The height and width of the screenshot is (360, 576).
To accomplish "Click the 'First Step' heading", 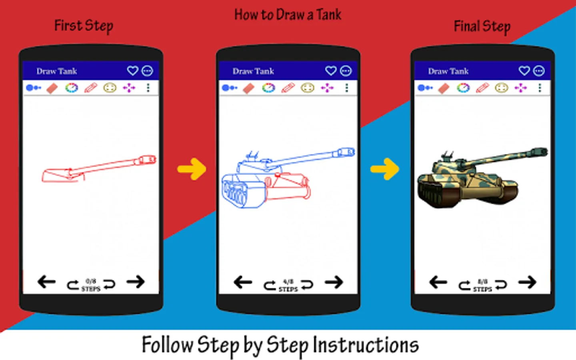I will tap(84, 26).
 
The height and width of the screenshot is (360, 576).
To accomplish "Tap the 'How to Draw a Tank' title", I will tap(288, 15).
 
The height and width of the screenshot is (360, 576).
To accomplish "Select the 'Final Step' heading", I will tap(482, 27).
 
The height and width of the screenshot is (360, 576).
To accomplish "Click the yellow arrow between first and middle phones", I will tap(192, 169).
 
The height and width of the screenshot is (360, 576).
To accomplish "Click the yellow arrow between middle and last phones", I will tap(385, 169).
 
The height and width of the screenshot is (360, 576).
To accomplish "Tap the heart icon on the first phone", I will tap(132, 71).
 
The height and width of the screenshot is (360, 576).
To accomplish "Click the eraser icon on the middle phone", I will tap(248, 88).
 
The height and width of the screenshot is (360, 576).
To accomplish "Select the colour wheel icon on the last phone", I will tap(463, 88).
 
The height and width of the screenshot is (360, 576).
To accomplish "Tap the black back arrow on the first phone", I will tap(46, 282).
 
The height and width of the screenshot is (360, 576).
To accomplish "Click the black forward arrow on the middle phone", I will tap(334, 282).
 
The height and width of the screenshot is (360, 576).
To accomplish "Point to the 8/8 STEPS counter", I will tap(482, 285).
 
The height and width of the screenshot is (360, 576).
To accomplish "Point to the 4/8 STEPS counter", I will tap(288, 285).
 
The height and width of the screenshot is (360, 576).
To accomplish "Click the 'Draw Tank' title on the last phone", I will tap(448, 71).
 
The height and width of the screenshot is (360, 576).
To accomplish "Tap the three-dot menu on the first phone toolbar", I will tap(148, 88).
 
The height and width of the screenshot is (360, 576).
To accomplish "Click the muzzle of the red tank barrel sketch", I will tap(149, 160).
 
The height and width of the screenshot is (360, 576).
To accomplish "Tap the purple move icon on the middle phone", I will tap(327, 88).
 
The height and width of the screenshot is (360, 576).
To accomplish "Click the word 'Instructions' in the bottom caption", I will tap(366, 345).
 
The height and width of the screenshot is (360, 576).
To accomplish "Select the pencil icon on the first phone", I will tap(91, 88).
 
